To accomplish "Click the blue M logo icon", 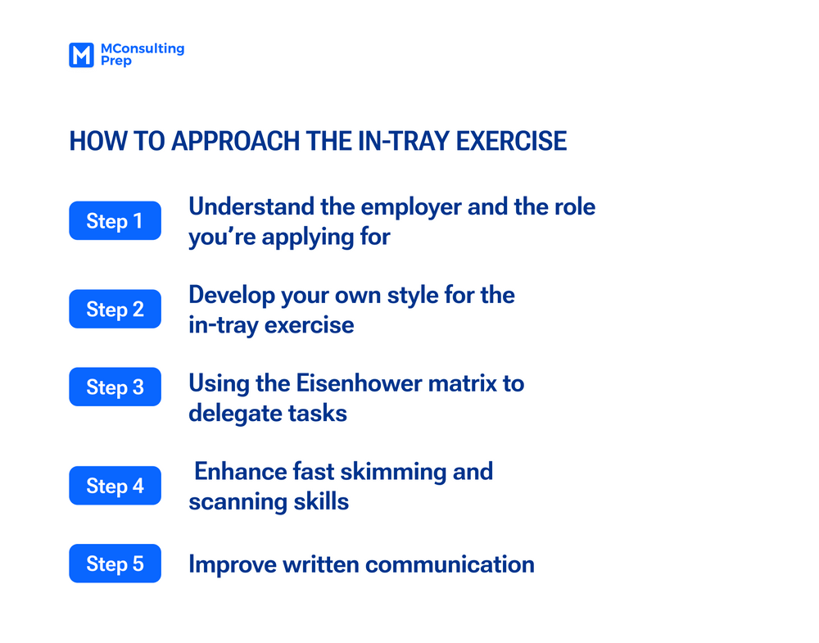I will pos(81,55).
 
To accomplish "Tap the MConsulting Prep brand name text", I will pos(141,55).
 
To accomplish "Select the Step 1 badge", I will pos(115,221).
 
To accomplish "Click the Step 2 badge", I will pos(115,309).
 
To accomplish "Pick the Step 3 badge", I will pos(115,387).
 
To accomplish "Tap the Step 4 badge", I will pos(115,486).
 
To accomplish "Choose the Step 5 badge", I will pos(115,564).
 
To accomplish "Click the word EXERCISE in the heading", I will pos(511,141).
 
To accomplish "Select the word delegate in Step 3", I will pos(235,414).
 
